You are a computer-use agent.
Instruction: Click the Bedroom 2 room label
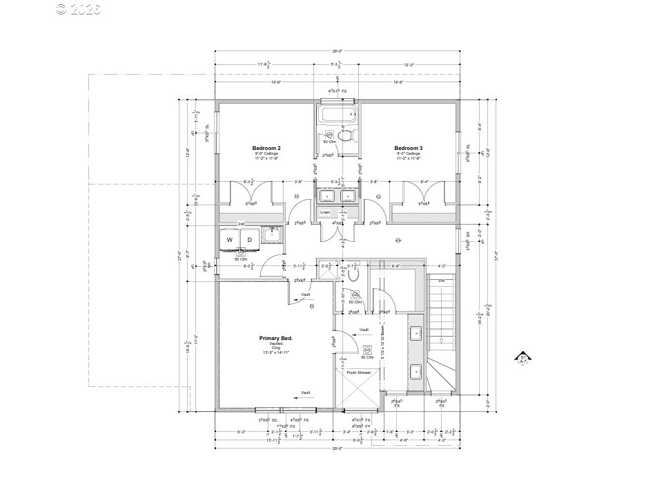pos(266,149)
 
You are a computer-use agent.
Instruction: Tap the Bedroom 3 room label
pos(409,149)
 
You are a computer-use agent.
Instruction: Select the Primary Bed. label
pos(276,338)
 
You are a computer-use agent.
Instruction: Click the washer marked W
pos(229,239)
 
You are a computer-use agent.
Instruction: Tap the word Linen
pos(325,212)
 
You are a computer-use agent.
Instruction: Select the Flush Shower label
pos(359,373)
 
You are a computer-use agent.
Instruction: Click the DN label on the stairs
pos(442,281)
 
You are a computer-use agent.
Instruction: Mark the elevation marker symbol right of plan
pos(523,359)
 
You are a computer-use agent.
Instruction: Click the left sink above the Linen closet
pos(326,195)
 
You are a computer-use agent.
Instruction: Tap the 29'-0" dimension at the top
pos(337,51)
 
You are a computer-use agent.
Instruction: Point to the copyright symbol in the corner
pos(61,9)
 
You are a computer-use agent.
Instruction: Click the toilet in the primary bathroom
pos(355,274)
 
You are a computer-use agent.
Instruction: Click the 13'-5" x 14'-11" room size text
pos(276,352)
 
